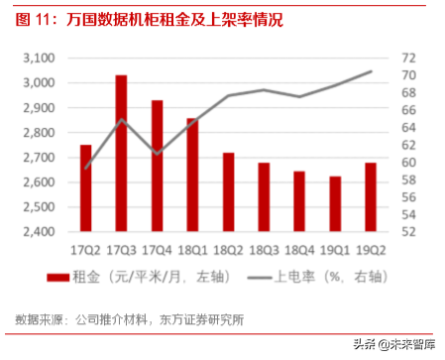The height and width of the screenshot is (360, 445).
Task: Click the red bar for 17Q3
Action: tap(121, 153)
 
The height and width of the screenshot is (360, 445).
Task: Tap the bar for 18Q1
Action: tap(192, 175)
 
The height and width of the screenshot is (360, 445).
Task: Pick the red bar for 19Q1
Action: tap(335, 203)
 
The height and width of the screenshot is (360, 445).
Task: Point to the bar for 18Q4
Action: tap(299, 201)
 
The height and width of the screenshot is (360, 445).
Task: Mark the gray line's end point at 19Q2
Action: tap(371, 71)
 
